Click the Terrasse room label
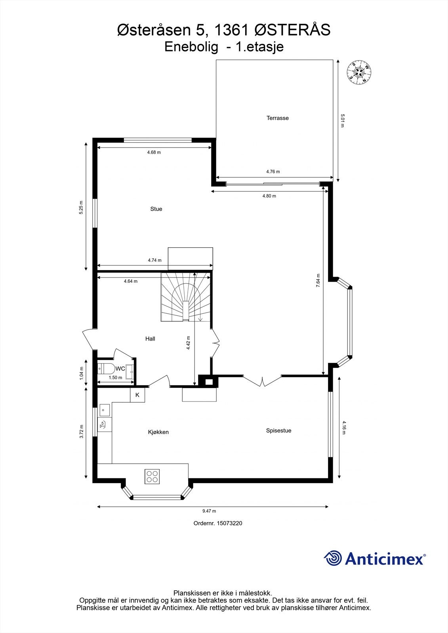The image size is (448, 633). (277, 118)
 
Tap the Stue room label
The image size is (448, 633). (156, 209)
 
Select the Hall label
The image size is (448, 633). (150, 339)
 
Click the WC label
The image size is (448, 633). (120, 369)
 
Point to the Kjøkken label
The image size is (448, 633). (158, 432)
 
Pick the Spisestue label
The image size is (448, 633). (278, 430)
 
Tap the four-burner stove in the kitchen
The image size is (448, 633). (152, 476)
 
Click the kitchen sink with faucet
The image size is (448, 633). (103, 425)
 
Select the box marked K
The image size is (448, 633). (137, 395)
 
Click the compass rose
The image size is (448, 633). (359, 72)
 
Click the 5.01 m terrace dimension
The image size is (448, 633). (343, 121)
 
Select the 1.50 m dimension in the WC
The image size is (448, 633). (115, 377)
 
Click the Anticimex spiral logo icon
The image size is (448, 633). (333, 558)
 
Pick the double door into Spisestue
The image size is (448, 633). (262, 381)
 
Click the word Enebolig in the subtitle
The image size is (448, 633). (191, 47)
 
